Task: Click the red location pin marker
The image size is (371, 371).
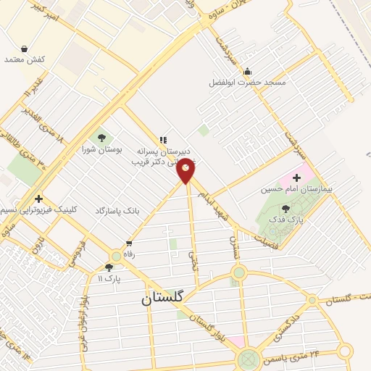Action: [x=187, y=171]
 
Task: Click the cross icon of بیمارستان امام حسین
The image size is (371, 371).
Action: [x=297, y=178]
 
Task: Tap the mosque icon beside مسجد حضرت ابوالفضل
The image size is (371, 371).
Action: [x=248, y=71]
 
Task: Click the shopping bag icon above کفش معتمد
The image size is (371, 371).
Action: [x=25, y=48]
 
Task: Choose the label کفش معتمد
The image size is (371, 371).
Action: [x=25, y=59]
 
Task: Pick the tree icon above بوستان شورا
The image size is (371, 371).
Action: [x=101, y=138]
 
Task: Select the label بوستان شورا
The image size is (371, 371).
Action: [x=101, y=150]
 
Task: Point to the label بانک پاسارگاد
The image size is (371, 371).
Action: [x=117, y=210]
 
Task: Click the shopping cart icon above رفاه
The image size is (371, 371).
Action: [x=130, y=243]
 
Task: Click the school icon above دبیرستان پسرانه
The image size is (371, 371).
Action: [x=163, y=140]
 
